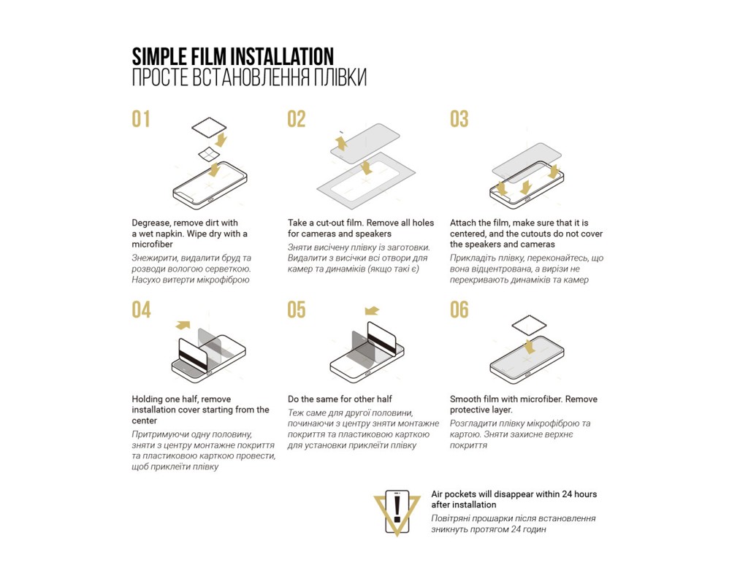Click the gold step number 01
point(141,119)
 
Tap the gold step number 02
point(297,119)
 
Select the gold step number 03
point(459,119)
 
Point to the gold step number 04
point(141,310)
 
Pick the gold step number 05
point(297,310)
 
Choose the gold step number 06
point(459,310)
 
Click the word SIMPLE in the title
point(159,57)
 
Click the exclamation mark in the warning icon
point(397,508)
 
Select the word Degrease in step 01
point(150,223)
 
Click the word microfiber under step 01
point(152,244)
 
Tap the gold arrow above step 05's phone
point(372,311)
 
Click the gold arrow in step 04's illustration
point(183,325)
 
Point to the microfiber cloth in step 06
point(529,327)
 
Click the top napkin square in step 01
point(209,127)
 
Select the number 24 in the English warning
point(566,494)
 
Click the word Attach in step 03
point(462,223)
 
